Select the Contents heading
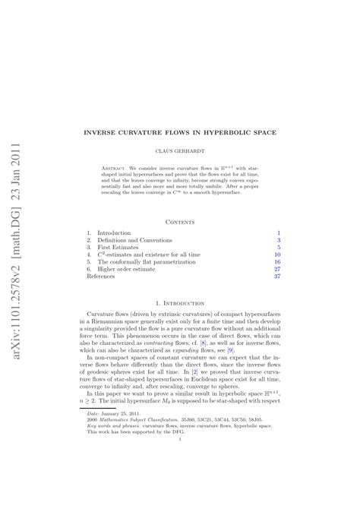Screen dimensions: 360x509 (x=180, y=222)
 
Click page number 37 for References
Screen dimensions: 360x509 (x=277, y=277)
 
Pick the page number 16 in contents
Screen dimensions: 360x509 (x=277, y=260)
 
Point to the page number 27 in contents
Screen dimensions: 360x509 (x=277, y=269)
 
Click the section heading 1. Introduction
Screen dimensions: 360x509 (x=180, y=302)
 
